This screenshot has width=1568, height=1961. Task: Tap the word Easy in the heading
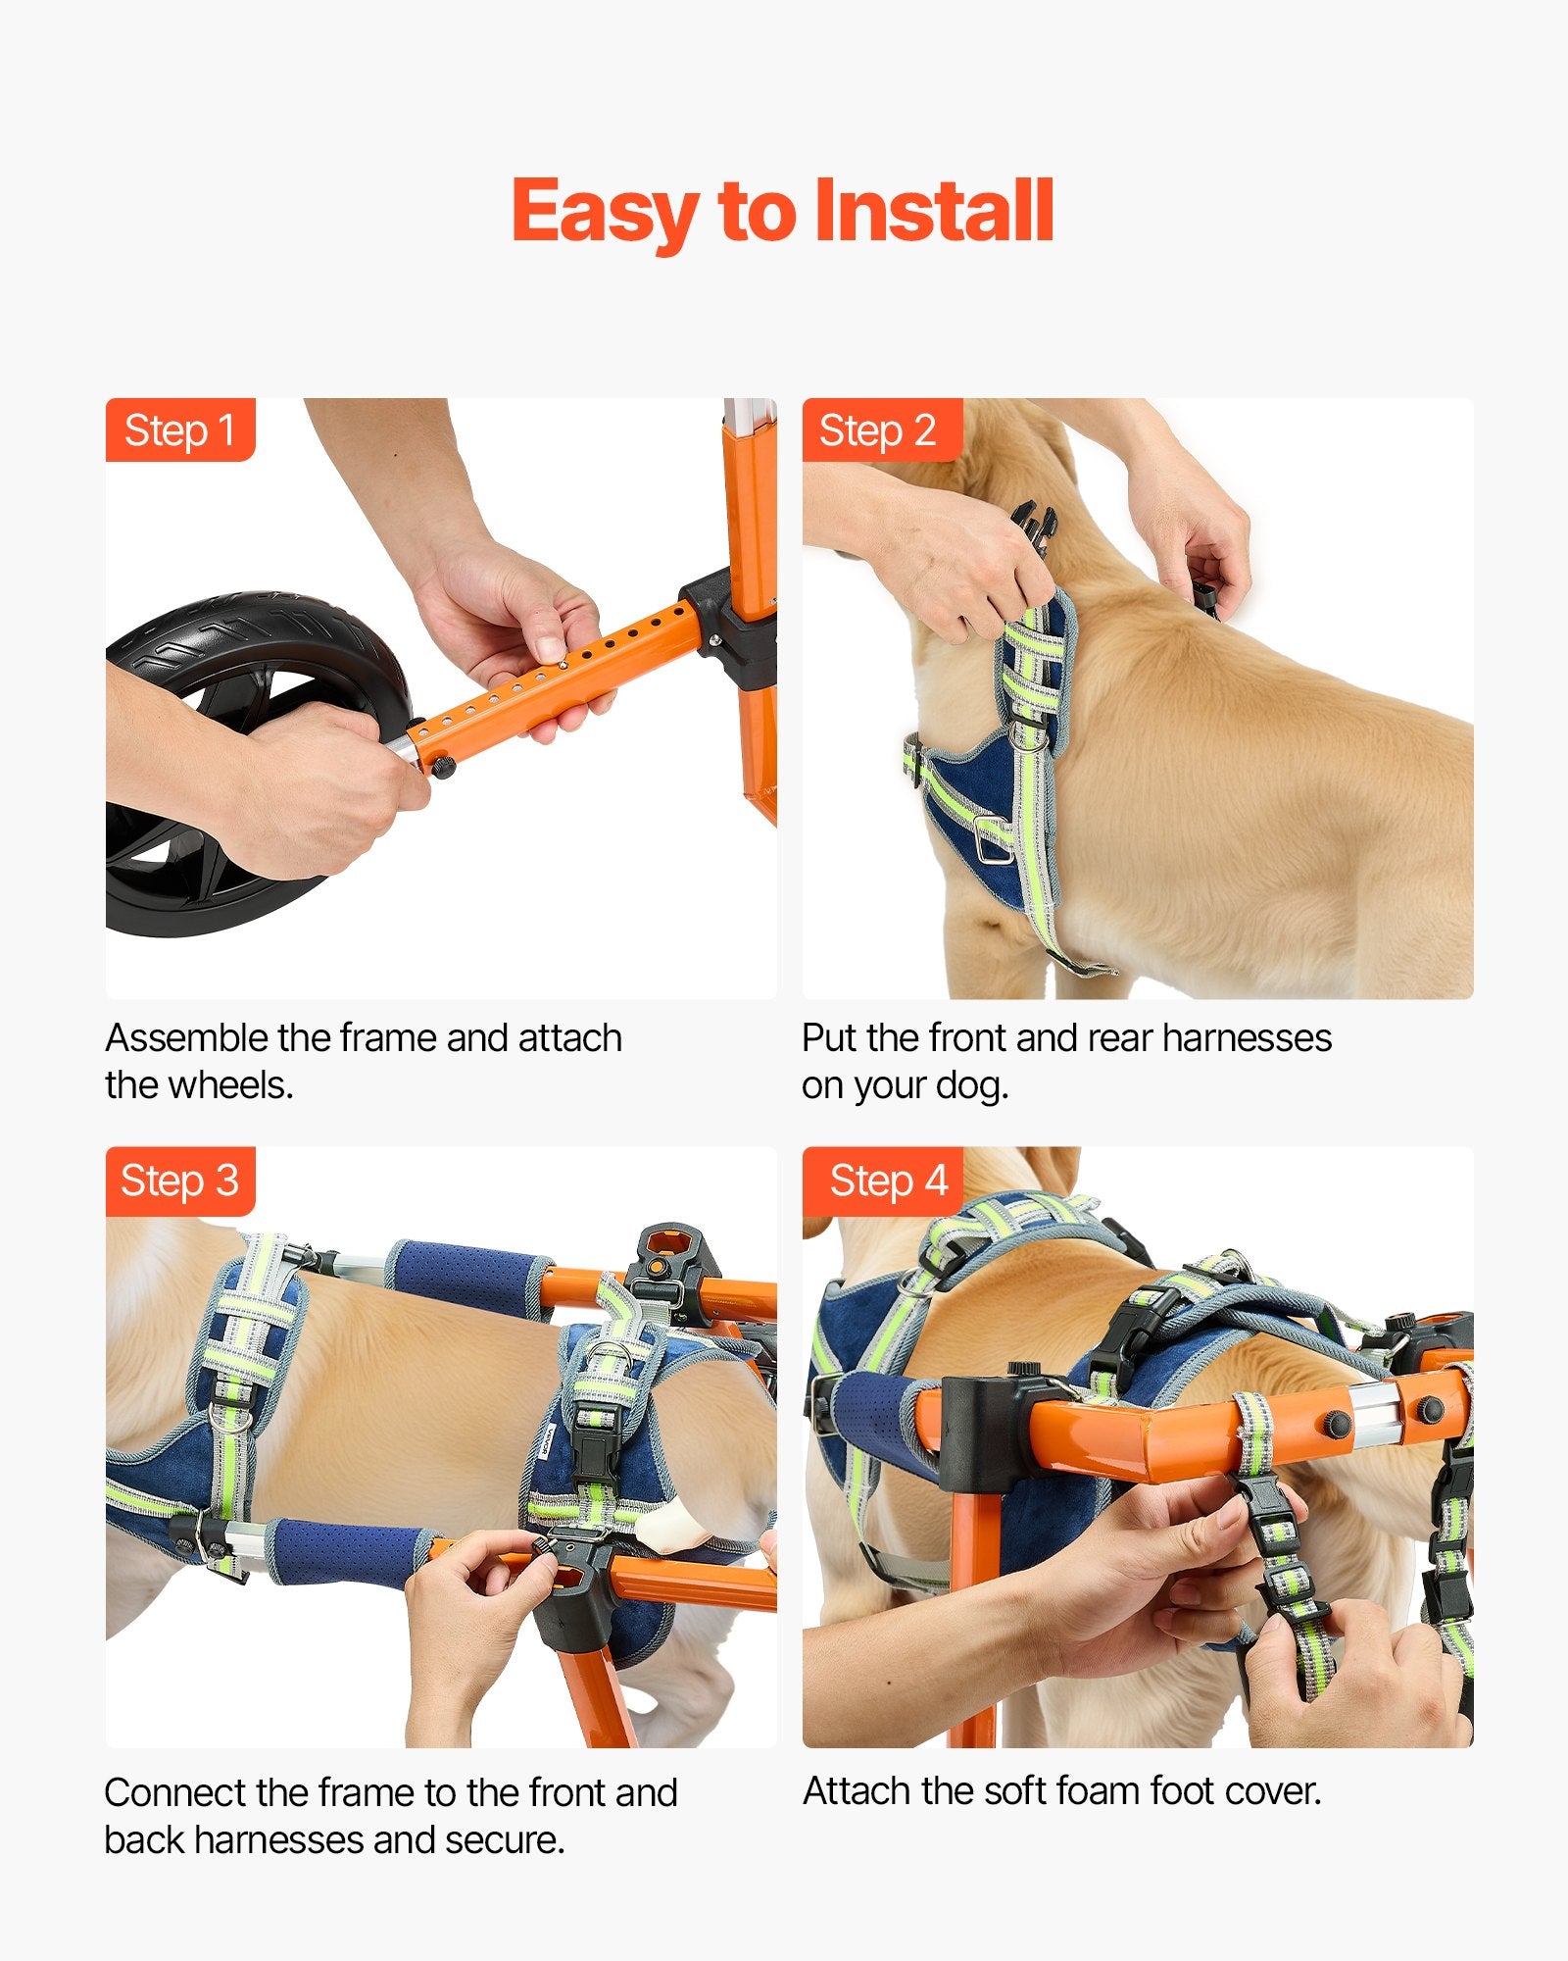pyautogui.click(x=606, y=214)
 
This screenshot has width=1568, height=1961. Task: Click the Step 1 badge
pyautogui.click(x=180, y=429)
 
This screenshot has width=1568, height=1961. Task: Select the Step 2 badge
pyautogui.click(x=882, y=429)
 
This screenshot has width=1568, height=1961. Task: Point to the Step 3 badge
pyautogui.click(x=180, y=1181)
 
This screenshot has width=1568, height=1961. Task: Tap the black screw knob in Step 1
pyautogui.click(x=442, y=766)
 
